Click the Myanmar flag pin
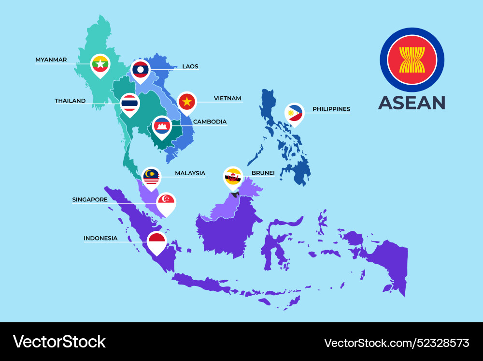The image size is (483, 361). [100, 64]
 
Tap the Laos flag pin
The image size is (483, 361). [140, 70]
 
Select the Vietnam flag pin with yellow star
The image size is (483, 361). [187, 102]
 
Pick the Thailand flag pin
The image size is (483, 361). [130, 104]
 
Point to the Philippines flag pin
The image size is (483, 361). [294, 114]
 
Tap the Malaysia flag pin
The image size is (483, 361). [151, 178]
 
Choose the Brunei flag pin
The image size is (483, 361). [233, 177]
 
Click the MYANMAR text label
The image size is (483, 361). [51, 60]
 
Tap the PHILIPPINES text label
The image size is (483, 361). [331, 109]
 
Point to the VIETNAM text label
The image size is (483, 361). [227, 99]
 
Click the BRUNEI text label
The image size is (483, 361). [263, 173]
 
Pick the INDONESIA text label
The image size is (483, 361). [100, 239]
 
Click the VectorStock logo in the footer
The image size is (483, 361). [59, 342]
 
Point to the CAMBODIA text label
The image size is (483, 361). [210, 122]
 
